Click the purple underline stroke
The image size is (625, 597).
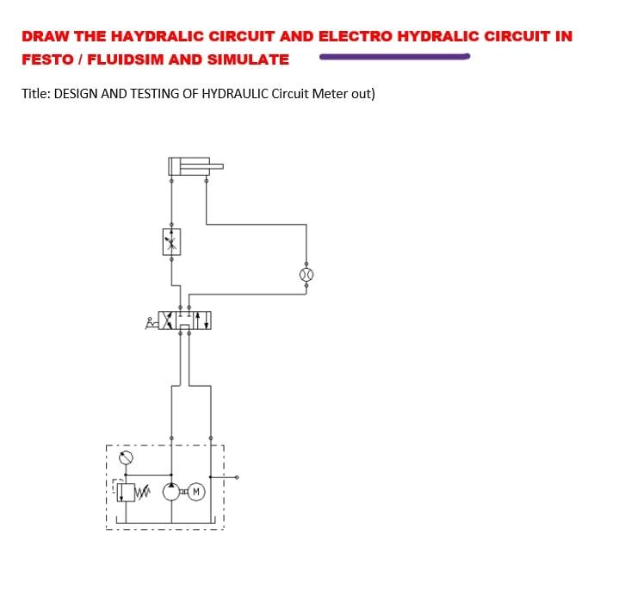(x=393, y=58)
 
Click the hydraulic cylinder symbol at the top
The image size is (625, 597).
(x=189, y=166)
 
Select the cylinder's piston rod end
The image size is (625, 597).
(x=219, y=166)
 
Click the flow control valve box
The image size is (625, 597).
(x=171, y=241)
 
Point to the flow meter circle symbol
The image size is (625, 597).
(x=306, y=274)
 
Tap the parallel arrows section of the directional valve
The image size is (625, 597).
(x=203, y=320)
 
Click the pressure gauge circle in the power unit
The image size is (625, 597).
(x=127, y=457)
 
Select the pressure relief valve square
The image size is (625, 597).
(x=126, y=493)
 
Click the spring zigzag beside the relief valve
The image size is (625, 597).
(x=144, y=494)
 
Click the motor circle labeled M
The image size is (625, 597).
(x=195, y=493)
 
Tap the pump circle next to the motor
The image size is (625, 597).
(x=172, y=493)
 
